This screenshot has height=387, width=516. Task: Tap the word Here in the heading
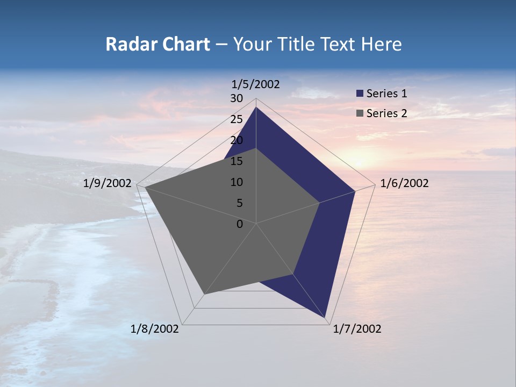click(382, 44)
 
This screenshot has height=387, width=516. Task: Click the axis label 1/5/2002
click(256, 84)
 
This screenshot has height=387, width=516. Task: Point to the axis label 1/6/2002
click(404, 183)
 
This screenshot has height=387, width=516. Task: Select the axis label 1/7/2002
click(357, 329)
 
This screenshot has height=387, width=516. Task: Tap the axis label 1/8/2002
click(155, 329)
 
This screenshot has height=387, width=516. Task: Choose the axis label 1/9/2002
click(107, 183)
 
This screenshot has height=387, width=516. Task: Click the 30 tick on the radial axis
click(236, 98)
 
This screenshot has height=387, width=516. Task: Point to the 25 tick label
click(236, 119)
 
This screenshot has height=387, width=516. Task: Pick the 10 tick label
click(236, 182)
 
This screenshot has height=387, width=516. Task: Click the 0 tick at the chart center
click(240, 224)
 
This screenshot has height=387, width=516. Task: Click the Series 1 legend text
click(386, 94)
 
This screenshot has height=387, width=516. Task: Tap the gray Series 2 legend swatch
click(360, 113)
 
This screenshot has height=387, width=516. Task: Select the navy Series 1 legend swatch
click(360, 94)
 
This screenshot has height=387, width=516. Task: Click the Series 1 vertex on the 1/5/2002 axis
click(256, 107)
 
